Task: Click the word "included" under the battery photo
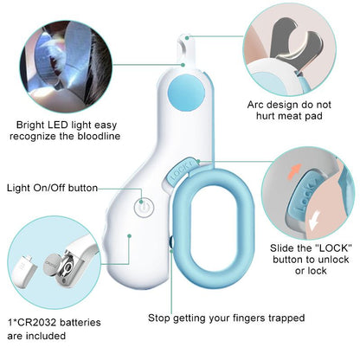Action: click(51, 337)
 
